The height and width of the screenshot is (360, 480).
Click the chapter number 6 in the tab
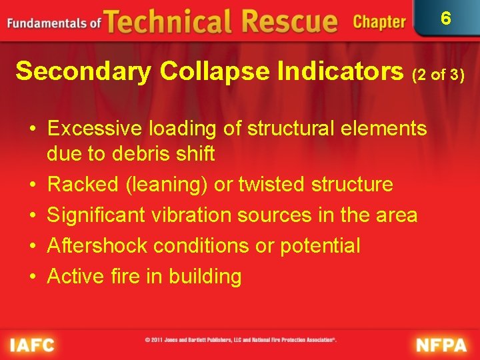pos(446,18)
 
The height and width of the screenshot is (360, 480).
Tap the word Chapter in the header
pos(379,22)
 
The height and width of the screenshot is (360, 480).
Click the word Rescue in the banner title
pos(289,22)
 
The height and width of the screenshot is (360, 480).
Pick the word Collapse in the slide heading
pos(213,71)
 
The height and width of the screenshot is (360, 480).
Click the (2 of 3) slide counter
pos(438,75)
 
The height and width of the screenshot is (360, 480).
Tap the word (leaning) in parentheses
pos(167,184)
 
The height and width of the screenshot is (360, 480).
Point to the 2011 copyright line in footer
pos(240,340)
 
